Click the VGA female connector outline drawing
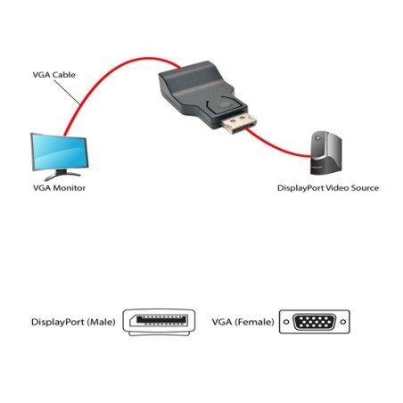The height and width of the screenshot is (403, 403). click(x=314, y=321)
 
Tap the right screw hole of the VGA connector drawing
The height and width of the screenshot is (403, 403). click(x=341, y=321)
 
